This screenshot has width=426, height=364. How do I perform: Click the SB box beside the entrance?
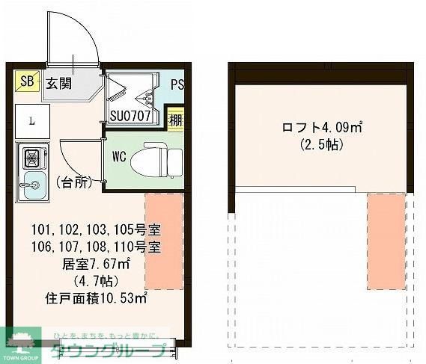[x=27, y=81]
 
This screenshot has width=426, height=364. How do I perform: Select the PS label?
[x=177, y=84]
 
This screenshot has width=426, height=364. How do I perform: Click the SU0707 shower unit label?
[x=131, y=117]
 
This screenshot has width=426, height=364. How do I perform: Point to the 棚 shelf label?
[x=174, y=118]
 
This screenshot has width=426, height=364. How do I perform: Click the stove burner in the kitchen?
[x=32, y=158]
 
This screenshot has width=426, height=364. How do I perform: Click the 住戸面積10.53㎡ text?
[x=96, y=297]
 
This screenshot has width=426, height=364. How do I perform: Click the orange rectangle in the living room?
[x=163, y=241]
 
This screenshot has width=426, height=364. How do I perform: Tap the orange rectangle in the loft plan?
[x=386, y=241]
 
